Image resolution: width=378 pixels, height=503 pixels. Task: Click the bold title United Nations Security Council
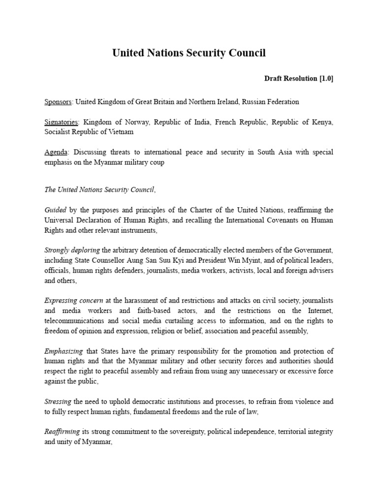click(189, 53)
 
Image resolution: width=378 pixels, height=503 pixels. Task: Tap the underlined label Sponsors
click(58, 102)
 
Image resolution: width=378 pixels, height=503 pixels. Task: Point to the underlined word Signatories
click(61, 122)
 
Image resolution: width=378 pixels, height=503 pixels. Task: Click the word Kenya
click(323, 122)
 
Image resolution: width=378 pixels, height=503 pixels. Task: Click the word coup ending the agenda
click(156, 163)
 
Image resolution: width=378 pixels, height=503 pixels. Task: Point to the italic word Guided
click(55, 209)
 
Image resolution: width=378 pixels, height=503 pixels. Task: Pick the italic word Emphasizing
click(63, 351)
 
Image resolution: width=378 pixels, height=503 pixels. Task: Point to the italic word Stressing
click(58, 401)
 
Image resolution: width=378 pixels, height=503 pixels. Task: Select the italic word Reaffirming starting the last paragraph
click(62, 431)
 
